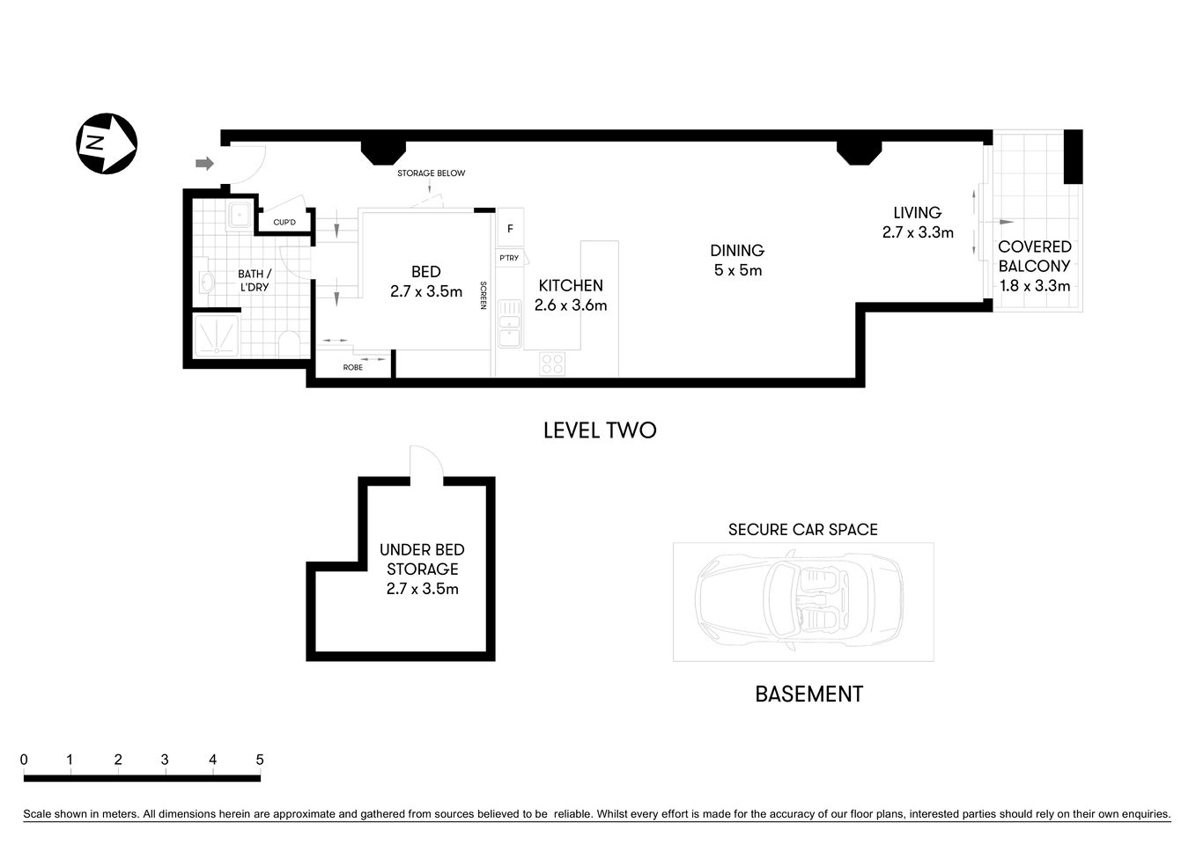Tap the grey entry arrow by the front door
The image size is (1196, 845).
pyautogui.click(x=204, y=163)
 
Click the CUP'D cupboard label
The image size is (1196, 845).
pyautogui.click(x=284, y=223)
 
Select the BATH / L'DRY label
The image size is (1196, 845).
pyautogui.click(x=255, y=280)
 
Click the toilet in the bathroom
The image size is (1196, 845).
pyautogui.click(x=290, y=343)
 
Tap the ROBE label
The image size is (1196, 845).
pyautogui.click(x=352, y=367)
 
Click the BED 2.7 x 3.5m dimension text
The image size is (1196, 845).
pyautogui.click(x=426, y=291)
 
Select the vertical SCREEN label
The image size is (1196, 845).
pyautogui.click(x=483, y=295)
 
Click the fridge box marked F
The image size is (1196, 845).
pyautogui.click(x=510, y=229)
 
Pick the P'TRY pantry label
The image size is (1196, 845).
pyautogui.click(x=509, y=258)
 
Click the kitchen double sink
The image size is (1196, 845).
pyautogui.click(x=509, y=325)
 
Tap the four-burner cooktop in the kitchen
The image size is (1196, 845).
pyautogui.click(x=552, y=364)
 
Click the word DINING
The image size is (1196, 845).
pyautogui.click(x=737, y=251)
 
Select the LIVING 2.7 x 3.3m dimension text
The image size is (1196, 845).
pyautogui.click(x=918, y=232)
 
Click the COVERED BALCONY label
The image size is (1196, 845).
pyautogui.click(x=1035, y=256)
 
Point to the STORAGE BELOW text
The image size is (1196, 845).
pyautogui.click(x=431, y=173)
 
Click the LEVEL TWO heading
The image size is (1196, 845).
pyautogui.click(x=600, y=430)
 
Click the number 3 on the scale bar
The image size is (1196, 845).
pyautogui.click(x=165, y=760)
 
